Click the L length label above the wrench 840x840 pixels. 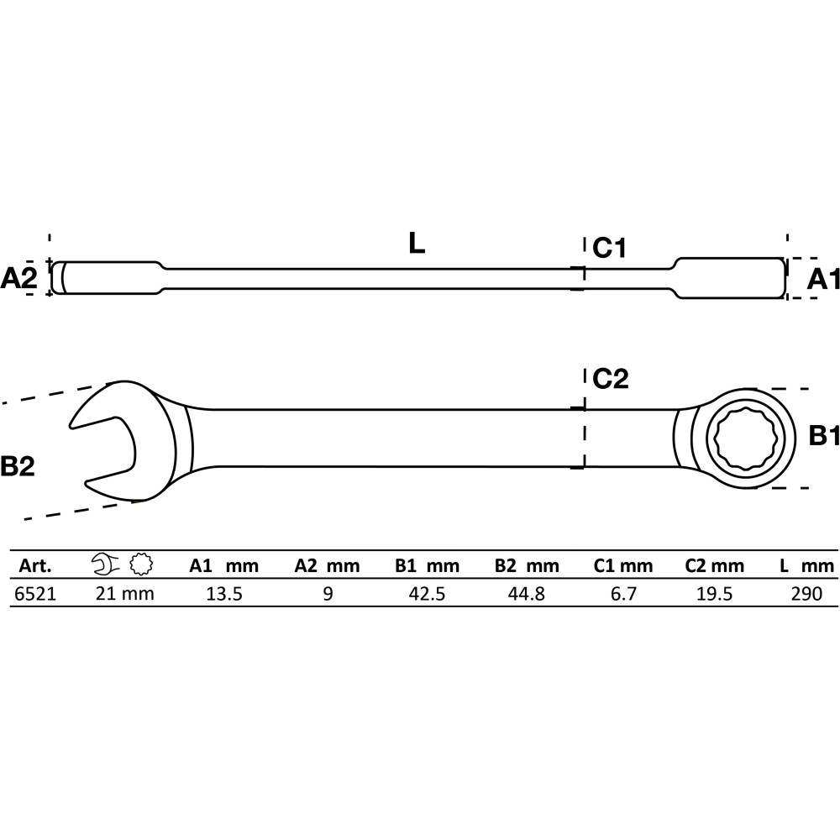[417, 244]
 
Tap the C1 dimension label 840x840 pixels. [609, 248]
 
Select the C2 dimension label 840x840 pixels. [610, 379]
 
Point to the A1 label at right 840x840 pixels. [823, 279]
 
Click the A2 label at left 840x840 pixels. [18, 279]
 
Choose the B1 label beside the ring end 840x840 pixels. [824, 436]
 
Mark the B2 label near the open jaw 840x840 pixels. [17, 466]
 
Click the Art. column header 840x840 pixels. [35, 565]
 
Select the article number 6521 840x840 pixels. [34, 594]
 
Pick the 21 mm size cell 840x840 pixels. [125, 594]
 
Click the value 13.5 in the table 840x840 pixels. [224, 594]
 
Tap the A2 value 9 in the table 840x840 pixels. [328, 594]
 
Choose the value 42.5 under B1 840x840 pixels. [427, 594]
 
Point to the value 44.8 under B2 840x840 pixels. [527, 594]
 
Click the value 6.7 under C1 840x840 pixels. [623, 594]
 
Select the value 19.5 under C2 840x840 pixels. [715, 594]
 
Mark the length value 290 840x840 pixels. [806, 594]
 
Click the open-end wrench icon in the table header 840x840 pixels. [106, 564]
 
